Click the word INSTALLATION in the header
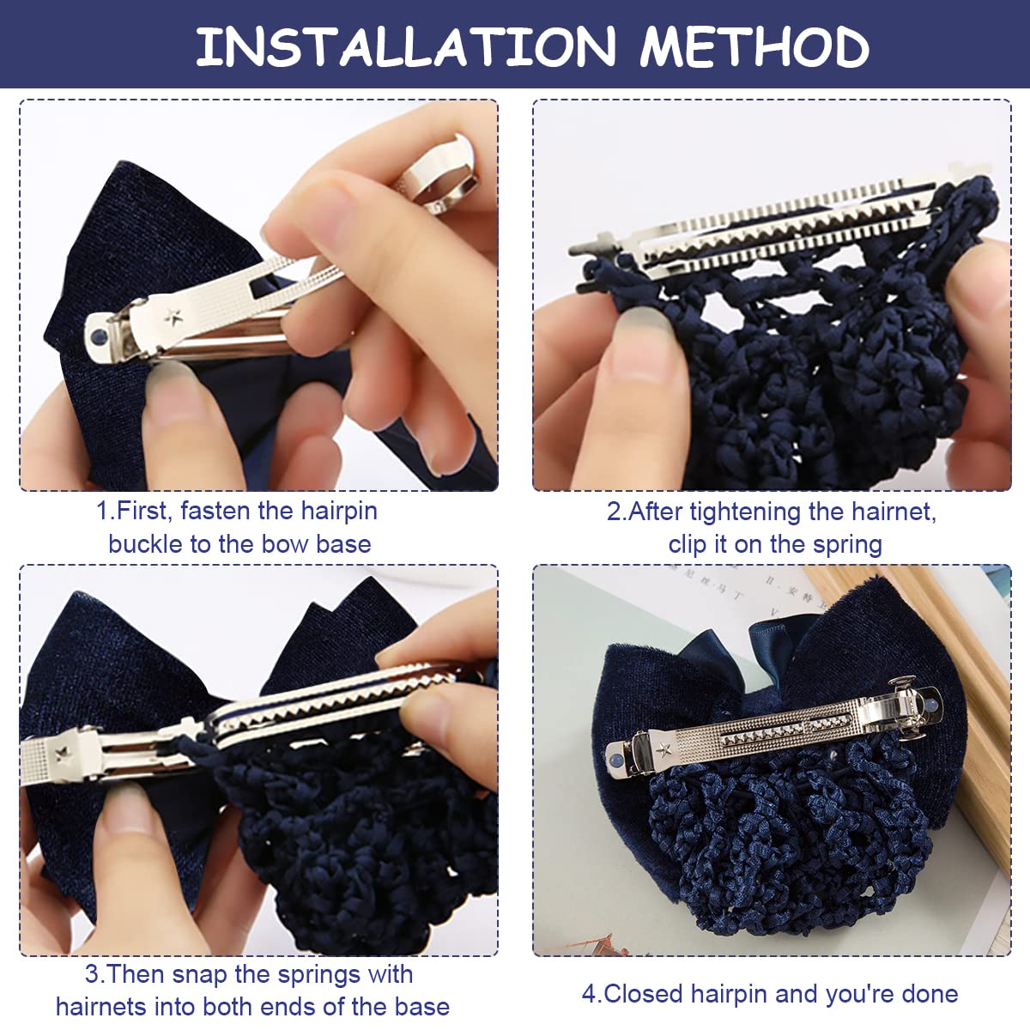[405, 46]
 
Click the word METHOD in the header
[754, 46]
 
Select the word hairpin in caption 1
[336, 511]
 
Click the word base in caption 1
[343, 544]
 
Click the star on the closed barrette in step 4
[663, 749]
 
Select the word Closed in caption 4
[645, 994]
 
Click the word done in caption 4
[930, 994]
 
